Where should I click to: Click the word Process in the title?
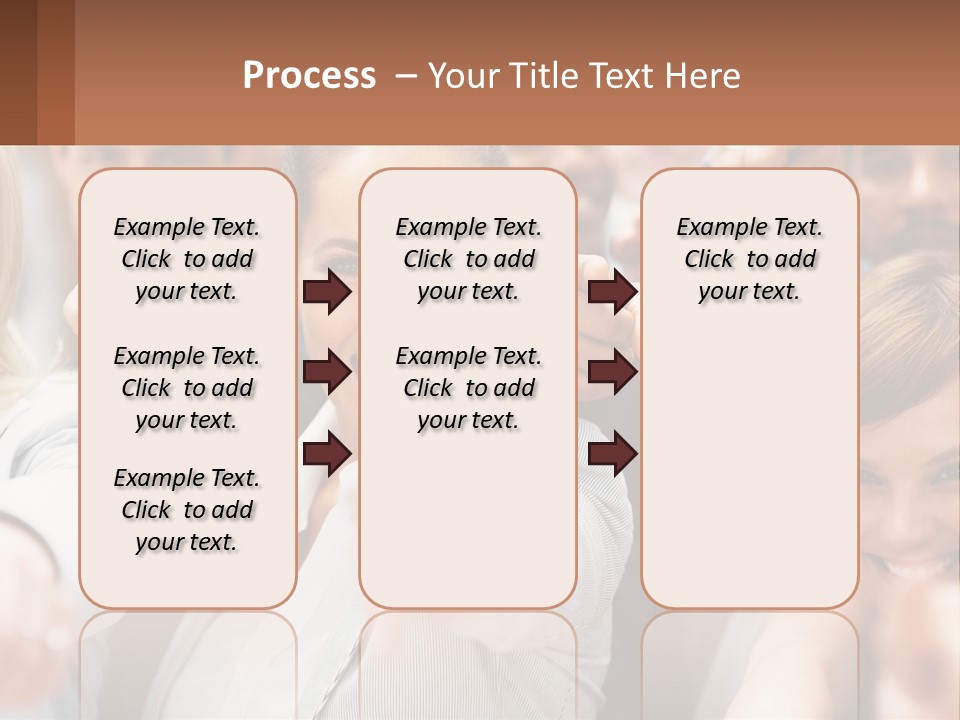309,76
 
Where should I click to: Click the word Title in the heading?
548,76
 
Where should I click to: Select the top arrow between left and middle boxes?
327,292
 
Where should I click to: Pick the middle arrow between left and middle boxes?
327,372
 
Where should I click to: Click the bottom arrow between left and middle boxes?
327,453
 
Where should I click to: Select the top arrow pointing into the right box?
612,292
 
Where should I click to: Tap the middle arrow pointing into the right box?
612,372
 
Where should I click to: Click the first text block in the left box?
187,259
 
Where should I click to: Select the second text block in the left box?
187,388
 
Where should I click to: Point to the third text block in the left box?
187,510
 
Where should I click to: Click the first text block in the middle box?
469,259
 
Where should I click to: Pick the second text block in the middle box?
469,388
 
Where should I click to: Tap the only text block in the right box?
750,259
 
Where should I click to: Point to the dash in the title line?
406,77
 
